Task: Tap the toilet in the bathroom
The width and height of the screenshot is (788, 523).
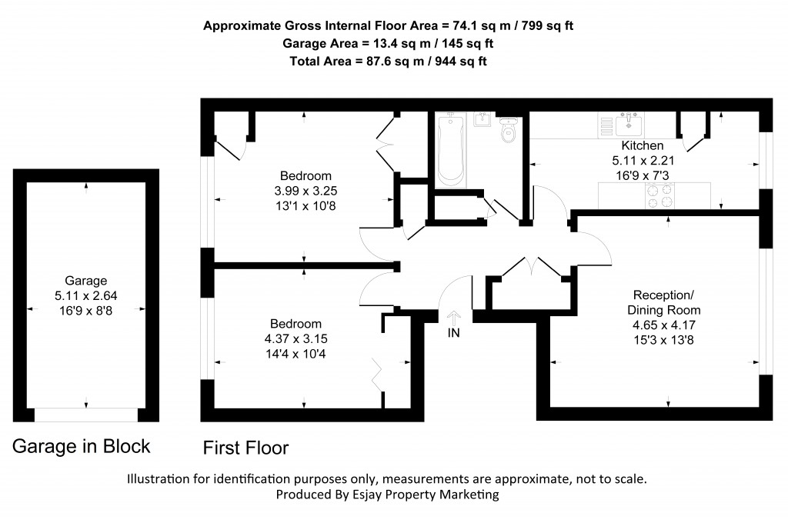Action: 508,132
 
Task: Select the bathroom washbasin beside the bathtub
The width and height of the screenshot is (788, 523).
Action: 483,120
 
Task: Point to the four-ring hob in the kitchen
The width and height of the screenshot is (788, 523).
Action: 656,197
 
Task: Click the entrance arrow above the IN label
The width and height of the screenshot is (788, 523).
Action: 453,318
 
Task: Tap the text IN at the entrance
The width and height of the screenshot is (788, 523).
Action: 453,334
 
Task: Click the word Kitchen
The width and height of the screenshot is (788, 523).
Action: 642,146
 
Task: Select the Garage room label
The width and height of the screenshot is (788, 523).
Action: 85,281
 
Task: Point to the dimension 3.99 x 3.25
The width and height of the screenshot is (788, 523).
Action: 306,190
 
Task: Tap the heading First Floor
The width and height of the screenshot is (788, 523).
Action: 245,447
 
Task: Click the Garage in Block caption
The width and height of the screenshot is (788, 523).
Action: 81,447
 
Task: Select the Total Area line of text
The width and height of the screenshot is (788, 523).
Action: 388,61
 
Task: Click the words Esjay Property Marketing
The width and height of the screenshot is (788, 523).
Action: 431,495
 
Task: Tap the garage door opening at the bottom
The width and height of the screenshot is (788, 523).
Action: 85,415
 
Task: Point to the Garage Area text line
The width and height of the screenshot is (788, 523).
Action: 388,43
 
